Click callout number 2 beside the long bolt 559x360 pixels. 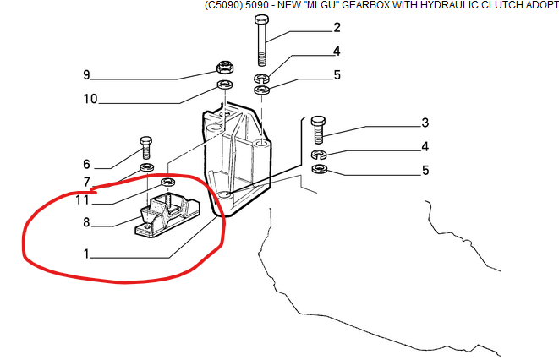(x=337, y=27)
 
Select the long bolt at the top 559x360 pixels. (x=262, y=41)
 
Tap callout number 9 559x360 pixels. (x=86, y=74)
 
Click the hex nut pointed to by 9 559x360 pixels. (x=225, y=67)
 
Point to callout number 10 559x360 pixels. (x=90, y=99)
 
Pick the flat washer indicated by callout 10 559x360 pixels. (x=225, y=85)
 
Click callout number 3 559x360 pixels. (x=425, y=123)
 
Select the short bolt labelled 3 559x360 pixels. (x=318, y=129)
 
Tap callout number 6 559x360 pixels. (x=86, y=164)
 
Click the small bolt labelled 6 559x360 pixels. (x=145, y=147)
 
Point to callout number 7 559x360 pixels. (x=86, y=182)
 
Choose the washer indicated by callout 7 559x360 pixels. (x=146, y=166)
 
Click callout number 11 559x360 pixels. (x=82, y=199)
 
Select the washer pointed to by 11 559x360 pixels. (x=168, y=182)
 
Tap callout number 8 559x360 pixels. (x=86, y=222)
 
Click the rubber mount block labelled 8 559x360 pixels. (x=167, y=216)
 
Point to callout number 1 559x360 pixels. (x=86, y=254)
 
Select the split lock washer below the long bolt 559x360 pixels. (x=262, y=77)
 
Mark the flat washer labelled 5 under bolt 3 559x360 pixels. (x=319, y=168)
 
